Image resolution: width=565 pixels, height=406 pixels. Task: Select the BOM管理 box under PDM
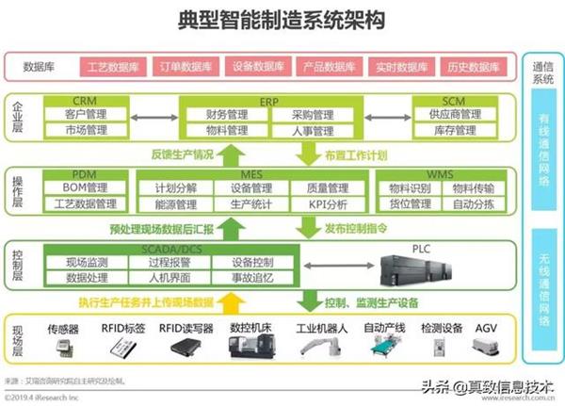coord(85,187)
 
